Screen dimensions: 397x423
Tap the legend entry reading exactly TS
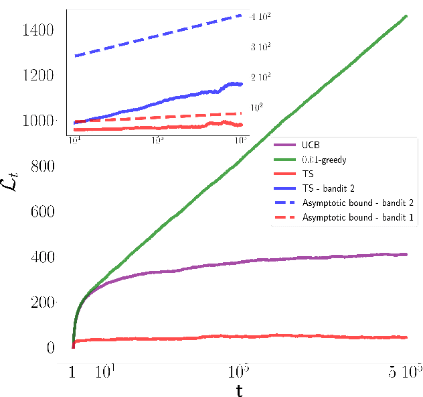308,174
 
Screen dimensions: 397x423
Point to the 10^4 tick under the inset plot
74,139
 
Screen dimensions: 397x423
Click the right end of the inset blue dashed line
242,15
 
